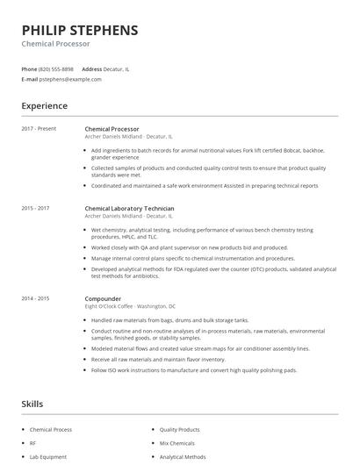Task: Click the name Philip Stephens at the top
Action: pyautogui.click(x=80, y=30)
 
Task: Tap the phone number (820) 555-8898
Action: pyautogui.click(x=56, y=68)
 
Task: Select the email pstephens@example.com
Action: pyautogui.click(x=70, y=79)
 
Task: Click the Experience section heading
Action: pyautogui.click(x=44, y=105)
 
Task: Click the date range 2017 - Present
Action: pyautogui.click(x=40, y=129)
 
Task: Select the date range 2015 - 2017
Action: pyautogui.click(x=36, y=208)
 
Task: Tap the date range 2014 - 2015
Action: pyautogui.click(x=36, y=298)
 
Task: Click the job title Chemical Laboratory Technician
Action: pyautogui.click(x=129, y=208)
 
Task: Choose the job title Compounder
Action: pyautogui.click(x=103, y=298)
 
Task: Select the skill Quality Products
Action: pyautogui.click(x=179, y=429)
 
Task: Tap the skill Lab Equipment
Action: pyautogui.click(x=47, y=456)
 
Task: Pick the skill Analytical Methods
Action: pyautogui.click(x=183, y=456)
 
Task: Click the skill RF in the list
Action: pyautogui.click(x=33, y=443)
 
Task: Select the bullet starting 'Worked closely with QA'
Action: pyautogui.click(x=176, y=248)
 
